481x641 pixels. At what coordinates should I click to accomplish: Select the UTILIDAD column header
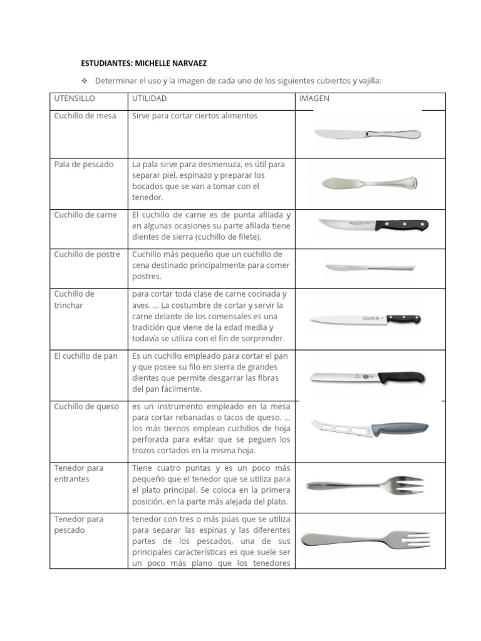point(150,99)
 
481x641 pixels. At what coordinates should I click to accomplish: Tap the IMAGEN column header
point(314,99)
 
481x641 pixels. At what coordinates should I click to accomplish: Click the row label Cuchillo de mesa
point(85,116)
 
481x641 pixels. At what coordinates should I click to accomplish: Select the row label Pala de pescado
point(84,165)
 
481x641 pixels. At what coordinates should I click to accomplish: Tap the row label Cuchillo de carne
point(86,215)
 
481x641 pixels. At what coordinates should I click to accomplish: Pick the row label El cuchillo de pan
point(86,356)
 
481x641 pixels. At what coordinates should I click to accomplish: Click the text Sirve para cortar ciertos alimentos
point(195,116)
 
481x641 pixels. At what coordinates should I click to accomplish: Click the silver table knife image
point(367,133)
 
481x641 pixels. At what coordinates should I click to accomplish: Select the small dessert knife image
point(370,267)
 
